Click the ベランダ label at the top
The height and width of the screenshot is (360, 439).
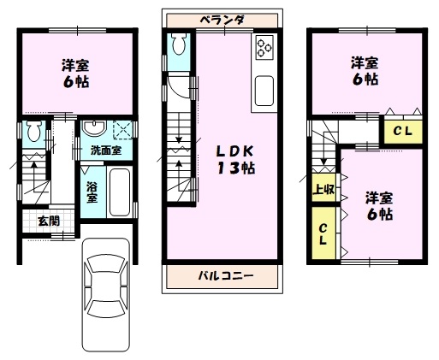(x=222, y=21)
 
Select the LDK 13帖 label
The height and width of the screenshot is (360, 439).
(x=235, y=160)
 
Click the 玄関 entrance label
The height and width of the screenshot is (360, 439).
(x=49, y=221)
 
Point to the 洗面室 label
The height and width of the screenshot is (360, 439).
(x=106, y=150)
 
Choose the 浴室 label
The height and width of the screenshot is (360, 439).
(x=92, y=192)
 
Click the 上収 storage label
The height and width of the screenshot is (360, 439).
(x=323, y=189)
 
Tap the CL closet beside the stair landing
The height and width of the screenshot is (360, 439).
(x=402, y=131)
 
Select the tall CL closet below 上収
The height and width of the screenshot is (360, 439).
(x=323, y=233)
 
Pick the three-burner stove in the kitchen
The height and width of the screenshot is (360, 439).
(x=264, y=47)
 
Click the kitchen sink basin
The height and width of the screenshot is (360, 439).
(x=264, y=91)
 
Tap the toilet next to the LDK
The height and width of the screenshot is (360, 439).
(x=179, y=44)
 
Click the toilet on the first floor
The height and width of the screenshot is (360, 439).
(x=34, y=131)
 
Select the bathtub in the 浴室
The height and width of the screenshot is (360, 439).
(x=120, y=192)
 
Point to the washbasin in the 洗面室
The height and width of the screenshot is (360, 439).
(x=94, y=128)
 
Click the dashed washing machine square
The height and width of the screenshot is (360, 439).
(x=123, y=130)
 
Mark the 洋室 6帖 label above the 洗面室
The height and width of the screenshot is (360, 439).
(x=75, y=74)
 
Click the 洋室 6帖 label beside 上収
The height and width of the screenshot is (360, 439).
(x=379, y=206)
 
